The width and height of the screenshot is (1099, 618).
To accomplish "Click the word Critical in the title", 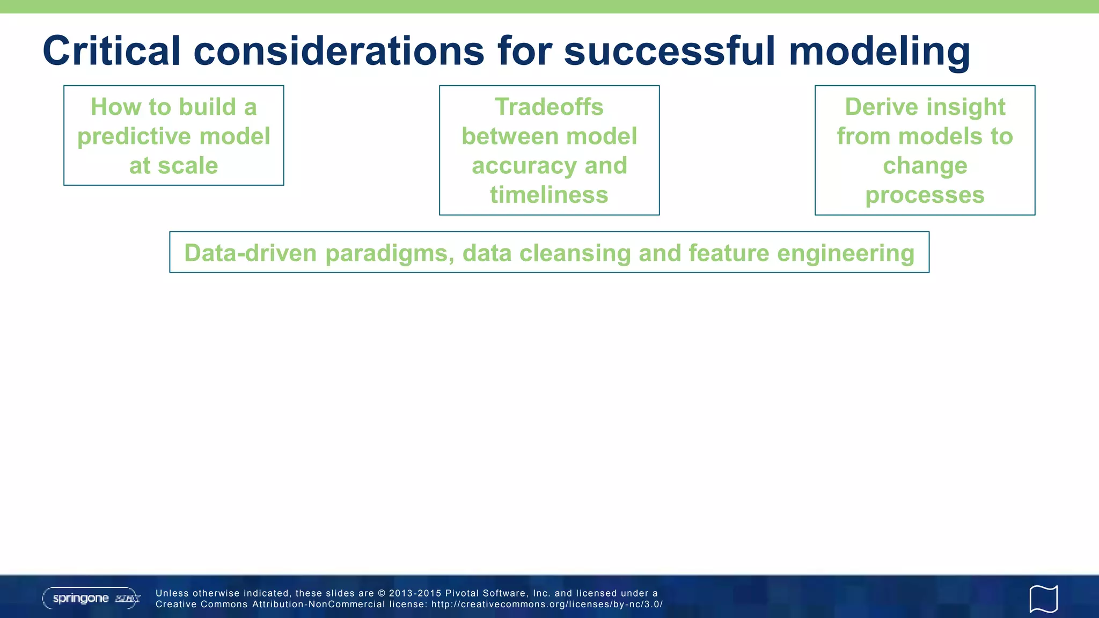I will coord(111,51).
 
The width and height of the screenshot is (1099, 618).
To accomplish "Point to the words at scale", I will coord(173,166).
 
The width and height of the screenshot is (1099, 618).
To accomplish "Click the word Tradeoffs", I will coord(549,107).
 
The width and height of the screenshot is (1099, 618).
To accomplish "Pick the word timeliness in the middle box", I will coord(549,195).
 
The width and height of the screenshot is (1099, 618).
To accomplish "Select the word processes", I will coord(925,195).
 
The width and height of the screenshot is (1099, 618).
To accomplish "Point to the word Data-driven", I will coord(250,253).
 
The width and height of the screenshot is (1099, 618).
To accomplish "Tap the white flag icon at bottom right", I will coord(1043,599).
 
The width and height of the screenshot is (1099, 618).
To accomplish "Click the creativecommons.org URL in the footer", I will coord(547,605).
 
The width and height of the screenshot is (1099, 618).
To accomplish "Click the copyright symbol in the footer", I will coord(382,593).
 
